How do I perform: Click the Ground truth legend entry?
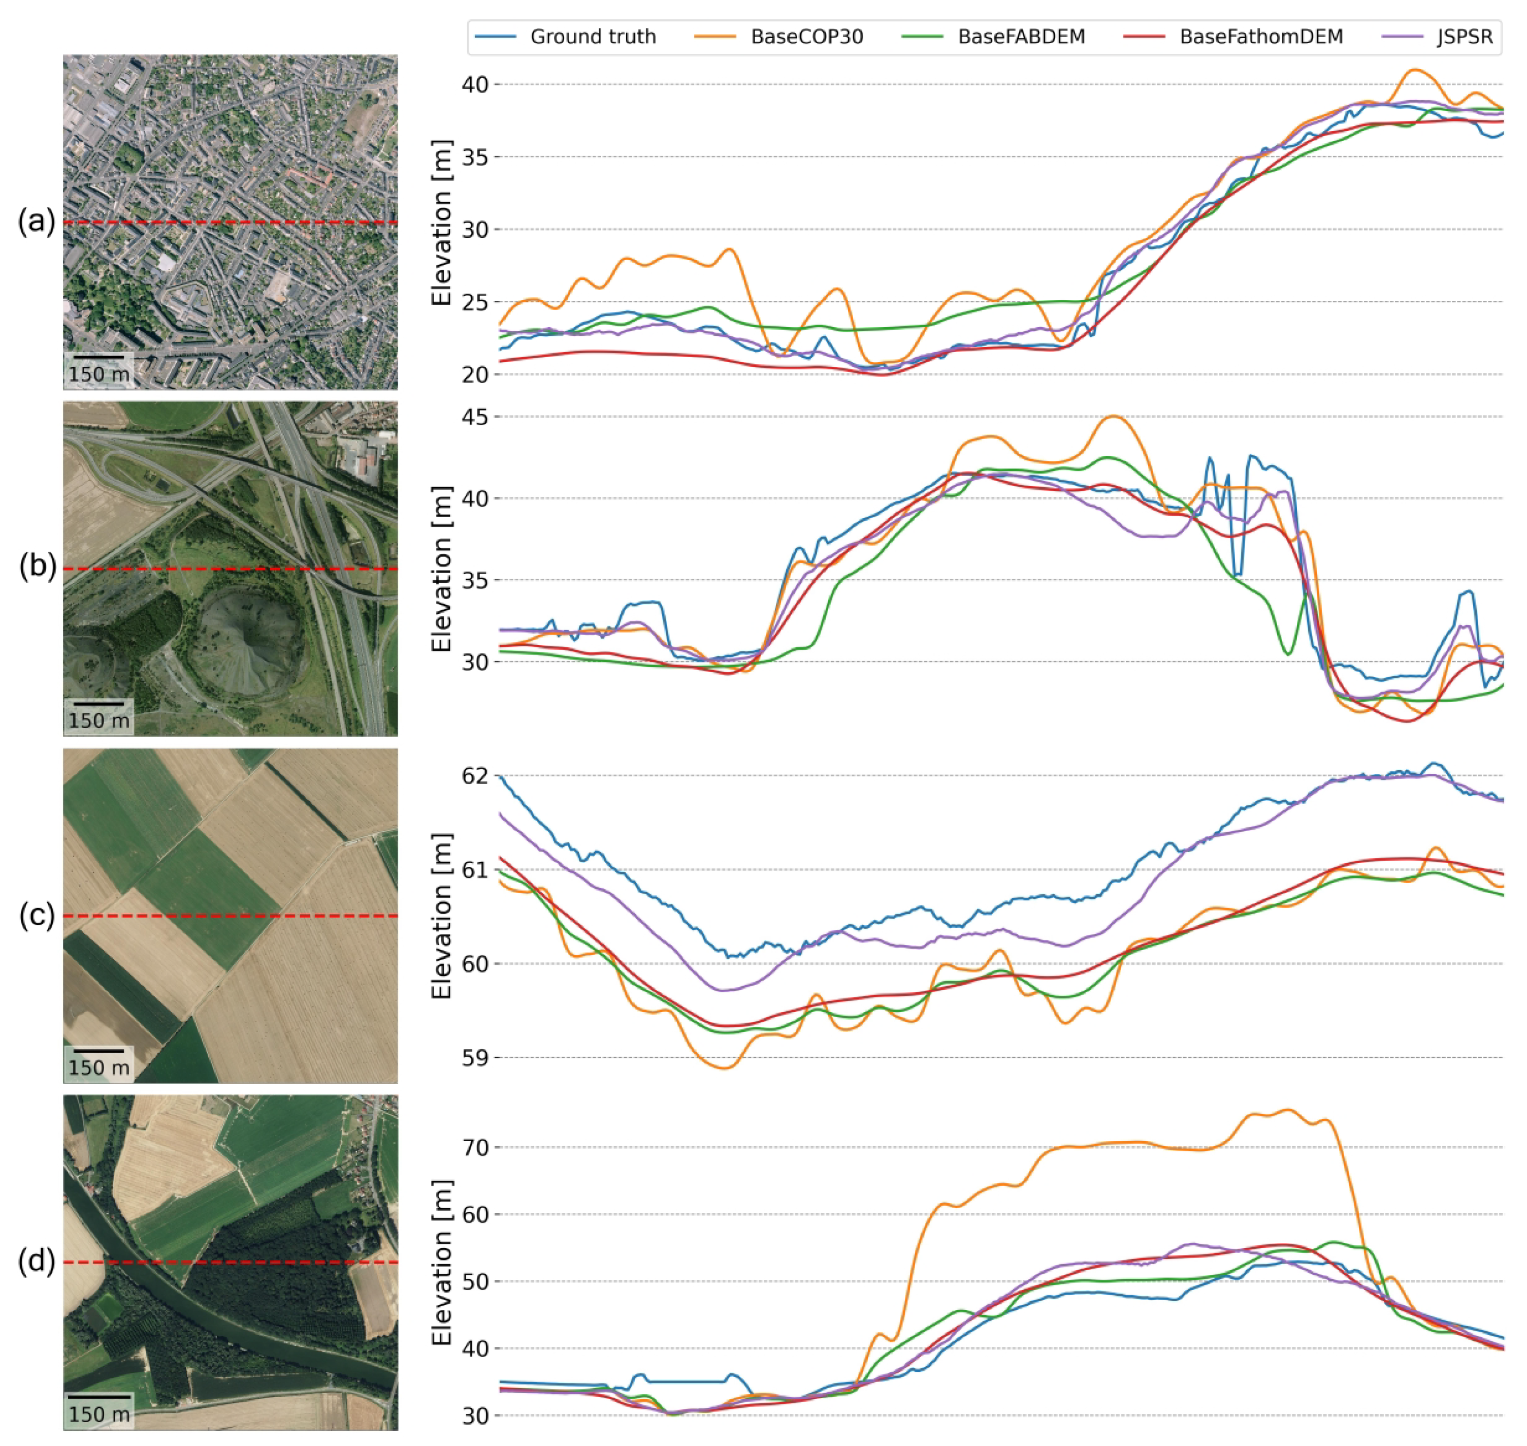(592, 37)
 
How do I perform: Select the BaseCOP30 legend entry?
(806, 37)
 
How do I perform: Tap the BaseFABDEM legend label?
(1021, 37)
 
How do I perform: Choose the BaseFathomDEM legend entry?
(1260, 37)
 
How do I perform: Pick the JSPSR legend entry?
(1464, 37)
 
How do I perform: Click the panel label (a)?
(36, 222)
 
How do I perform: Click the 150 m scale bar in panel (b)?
(99, 704)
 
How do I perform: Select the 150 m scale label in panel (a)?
(99, 374)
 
